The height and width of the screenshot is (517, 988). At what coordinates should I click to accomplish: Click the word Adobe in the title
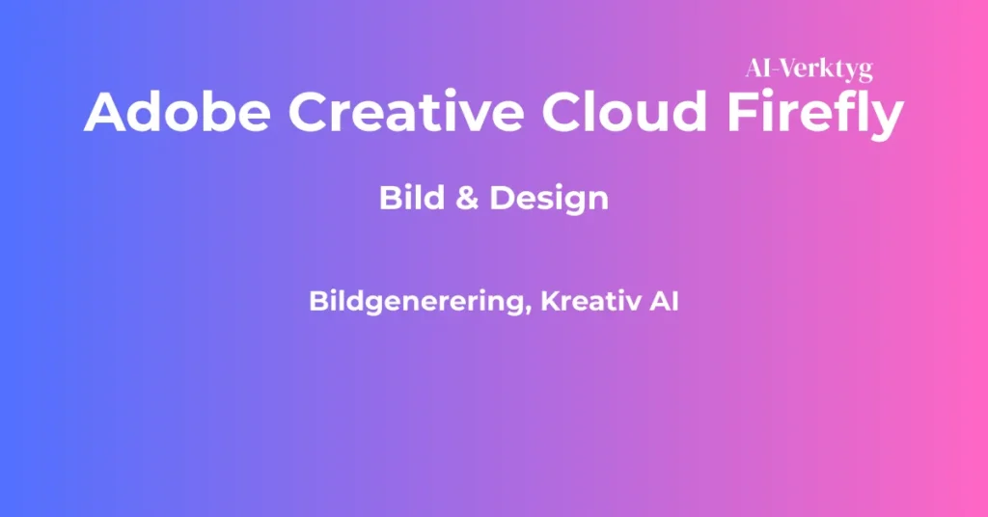tap(176, 113)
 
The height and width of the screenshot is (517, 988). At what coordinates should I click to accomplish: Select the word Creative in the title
tap(407, 113)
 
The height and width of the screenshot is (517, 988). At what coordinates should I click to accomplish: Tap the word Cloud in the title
tap(622, 113)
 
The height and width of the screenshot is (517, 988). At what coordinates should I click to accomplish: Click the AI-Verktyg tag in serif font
tap(809, 68)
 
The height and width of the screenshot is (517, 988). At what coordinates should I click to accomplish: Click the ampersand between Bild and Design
tap(467, 199)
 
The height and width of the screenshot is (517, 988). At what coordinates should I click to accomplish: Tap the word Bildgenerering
tap(417, 302)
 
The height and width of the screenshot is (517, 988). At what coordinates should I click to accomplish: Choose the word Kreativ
tap(590, 301)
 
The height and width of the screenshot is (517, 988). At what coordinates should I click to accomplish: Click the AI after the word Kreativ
tap(663, 301)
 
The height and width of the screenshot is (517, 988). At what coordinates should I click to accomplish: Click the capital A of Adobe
tap(105, 113)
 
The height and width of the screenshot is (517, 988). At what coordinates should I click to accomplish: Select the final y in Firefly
tap(888, 119)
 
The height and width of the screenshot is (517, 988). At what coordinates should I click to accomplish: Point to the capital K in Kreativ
tap(550, 301)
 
